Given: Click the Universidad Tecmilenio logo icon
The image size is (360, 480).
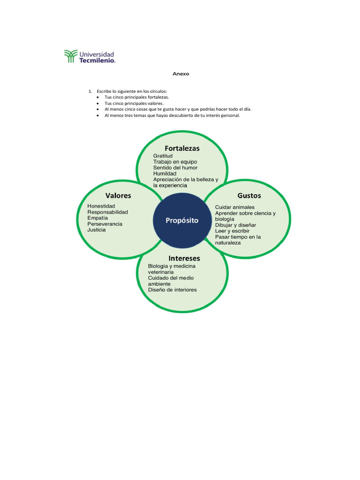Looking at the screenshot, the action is pyautogui.click(x=70, y=56).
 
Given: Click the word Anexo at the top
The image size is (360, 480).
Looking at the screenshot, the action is pyautogui.click(x=181, y=74).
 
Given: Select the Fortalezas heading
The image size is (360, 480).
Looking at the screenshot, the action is pyautogui.click(x=182, y=149).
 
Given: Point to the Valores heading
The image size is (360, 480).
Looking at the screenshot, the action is pyautogui.click(x=118, y=195).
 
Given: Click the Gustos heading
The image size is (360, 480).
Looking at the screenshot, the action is pyautogui.click(x=249, y=195).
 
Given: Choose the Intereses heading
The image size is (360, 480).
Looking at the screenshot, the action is pyautogui.click(x=184, y=258).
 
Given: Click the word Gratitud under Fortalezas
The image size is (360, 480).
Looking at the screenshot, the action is pyautogui.click(x=163, y=156).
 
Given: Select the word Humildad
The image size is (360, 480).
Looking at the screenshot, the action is pyautogui.click(x=165, y=174).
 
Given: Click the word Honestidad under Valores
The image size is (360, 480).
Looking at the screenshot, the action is pyautogui.click(x=101, y=206).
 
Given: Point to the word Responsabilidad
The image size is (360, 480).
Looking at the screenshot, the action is pyautogui.click(x=107, y=212).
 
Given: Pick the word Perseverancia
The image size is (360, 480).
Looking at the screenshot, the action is pyautogui.click(x=105, y=224).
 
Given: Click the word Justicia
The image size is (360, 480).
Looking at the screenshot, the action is pyautogui.click(x=97, y=230).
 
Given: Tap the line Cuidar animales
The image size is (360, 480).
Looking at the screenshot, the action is pyautogui.click(x=235, y=207).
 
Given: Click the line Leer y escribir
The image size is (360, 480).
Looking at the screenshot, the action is pyautogui.click(x=232, y=231).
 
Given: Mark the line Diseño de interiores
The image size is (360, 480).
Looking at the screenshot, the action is pyautogui.click(x=172, y=290).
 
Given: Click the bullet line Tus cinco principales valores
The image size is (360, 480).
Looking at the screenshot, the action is pyautogui.click(x=134, y=103).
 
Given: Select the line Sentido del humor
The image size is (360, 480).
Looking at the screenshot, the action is pyautogui.click(x=175, y=168).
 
